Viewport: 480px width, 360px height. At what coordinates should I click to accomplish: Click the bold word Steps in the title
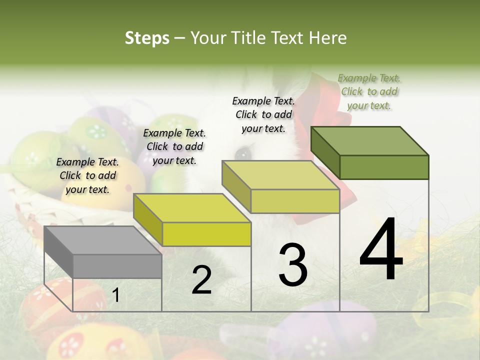pyautogui.click(x=147, y=38)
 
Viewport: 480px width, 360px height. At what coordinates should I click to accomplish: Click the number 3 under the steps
pyautogui.click(x=292, y=265)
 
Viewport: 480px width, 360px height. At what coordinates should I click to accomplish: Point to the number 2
pyautogui.click(x=201, y=280)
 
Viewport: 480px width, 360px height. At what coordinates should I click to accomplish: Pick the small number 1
pyautogui.click(x=115, y=295)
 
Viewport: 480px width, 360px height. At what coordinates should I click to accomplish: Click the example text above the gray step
pyautogui.click(x=87, y=175)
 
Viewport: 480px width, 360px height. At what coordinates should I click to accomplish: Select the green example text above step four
pyautogui.click(x=369, y=91)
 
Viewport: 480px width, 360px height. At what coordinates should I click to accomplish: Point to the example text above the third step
pyautogui.click(x=263, y=114)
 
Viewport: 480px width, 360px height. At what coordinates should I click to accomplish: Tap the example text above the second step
pyautogui.click(x=174, y=146)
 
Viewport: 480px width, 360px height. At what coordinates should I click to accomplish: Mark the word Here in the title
pyautogui.click(x=328, y=38)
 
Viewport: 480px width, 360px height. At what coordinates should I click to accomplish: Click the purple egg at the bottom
pyautogui.click(x=320, y=330)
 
